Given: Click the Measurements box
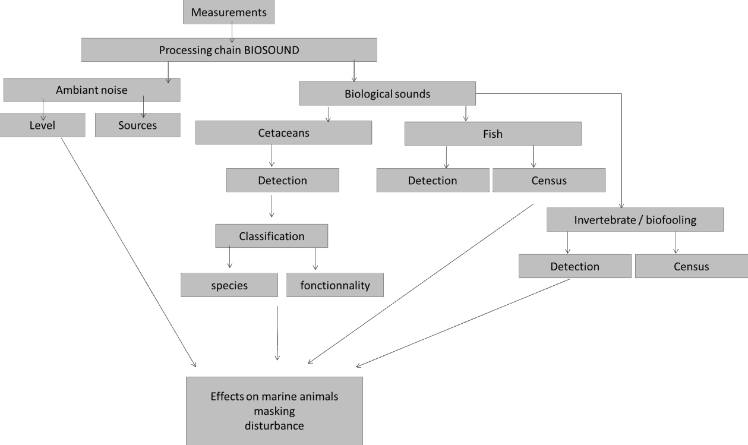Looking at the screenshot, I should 229,12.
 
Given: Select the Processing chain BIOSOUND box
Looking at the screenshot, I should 229,51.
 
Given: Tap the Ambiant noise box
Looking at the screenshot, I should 91,90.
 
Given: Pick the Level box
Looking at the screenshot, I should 42,125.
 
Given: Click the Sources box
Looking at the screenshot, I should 137,125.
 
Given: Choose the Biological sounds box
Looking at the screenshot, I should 387,94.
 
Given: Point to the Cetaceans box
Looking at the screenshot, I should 283,133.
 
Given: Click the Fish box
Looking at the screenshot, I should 493,134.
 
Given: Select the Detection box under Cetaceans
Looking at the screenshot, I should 282,179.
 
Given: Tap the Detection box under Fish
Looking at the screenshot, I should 433,181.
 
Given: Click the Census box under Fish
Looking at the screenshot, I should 548,181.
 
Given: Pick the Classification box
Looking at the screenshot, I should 272,236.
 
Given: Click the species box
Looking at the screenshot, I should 229,285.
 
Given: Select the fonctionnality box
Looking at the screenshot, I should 335,285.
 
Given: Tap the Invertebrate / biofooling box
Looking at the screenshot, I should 635,220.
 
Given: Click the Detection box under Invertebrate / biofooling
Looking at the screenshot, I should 575,266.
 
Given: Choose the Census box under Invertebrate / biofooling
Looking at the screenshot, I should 691,266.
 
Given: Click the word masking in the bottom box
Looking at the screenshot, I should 274,411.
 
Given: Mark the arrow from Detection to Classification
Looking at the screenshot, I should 272,205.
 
